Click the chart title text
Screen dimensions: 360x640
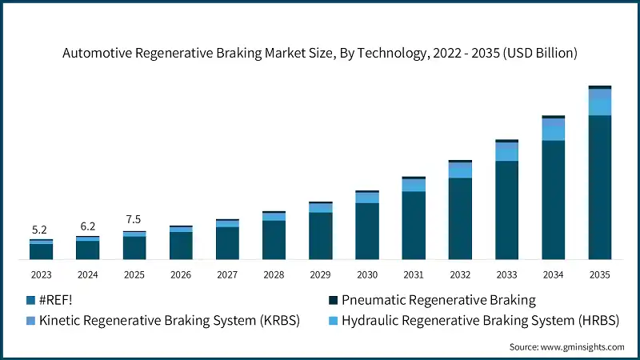click(320, 53)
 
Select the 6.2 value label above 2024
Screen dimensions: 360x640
click(87, 226)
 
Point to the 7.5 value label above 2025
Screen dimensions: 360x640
click(134, 220)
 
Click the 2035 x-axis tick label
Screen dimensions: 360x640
click(599, 274)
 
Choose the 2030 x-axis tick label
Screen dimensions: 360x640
click(367, 274)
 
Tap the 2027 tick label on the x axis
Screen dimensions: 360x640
click(227, 274)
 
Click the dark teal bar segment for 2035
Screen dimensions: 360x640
click(599, 187)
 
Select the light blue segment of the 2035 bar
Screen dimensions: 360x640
click(599, 106)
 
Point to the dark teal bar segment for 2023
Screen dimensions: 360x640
click(41, 251)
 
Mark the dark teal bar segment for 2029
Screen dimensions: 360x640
click(320, 235)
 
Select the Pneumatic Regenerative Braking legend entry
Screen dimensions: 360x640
click(438, 301)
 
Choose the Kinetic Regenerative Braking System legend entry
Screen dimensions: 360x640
click(169, 321)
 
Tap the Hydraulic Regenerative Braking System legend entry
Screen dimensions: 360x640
click(480, 321)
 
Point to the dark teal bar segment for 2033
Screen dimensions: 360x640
click(506, 210)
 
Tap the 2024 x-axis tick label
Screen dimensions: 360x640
click(87, 274)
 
